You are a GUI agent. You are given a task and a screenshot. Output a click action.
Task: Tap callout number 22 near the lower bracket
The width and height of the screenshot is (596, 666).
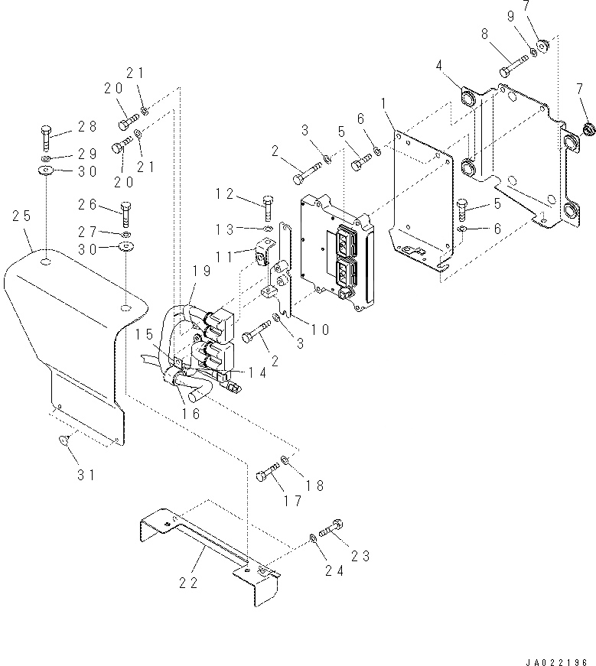[188, 583]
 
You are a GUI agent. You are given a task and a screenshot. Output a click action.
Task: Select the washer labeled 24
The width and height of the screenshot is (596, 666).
[314, 540]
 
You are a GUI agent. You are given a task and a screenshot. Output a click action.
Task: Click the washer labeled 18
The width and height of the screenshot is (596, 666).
[285, 460]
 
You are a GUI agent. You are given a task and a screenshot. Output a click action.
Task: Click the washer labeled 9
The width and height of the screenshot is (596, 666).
[533, 53]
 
